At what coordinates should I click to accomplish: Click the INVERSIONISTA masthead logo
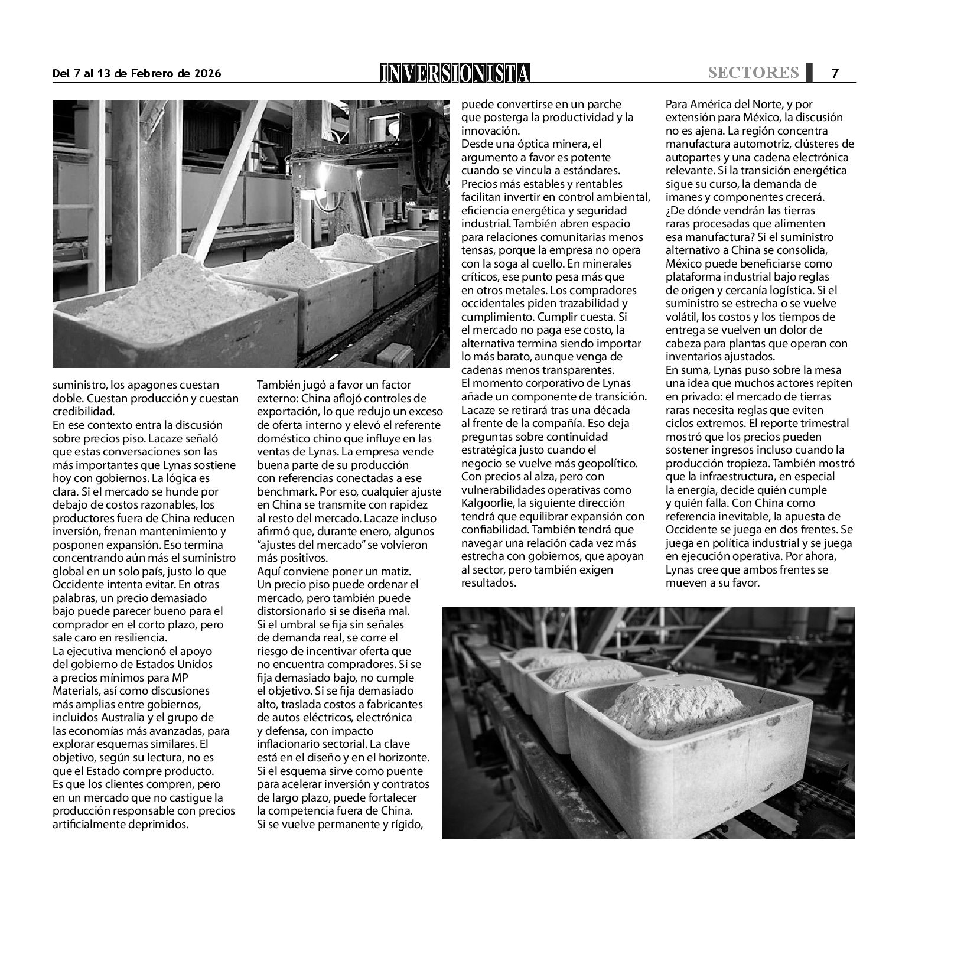(455, 73)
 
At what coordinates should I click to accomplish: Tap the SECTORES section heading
(753, 72)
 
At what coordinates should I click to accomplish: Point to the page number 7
(835, 73)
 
